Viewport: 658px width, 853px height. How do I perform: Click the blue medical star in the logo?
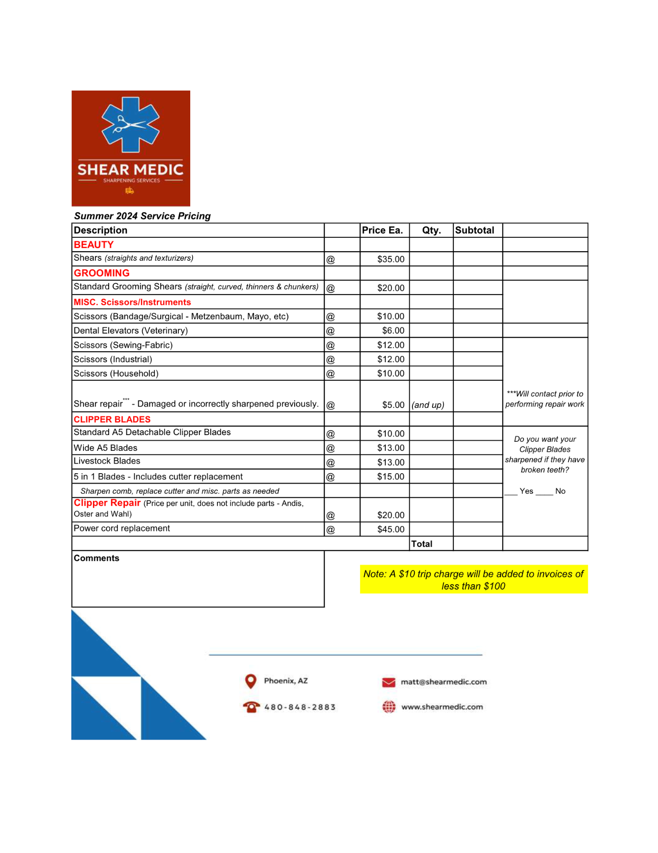pyautogui.click(x=131, y=125)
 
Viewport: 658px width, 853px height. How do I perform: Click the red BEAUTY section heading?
pyautogui.click(x=93, y=244)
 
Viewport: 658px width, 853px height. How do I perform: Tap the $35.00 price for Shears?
pyautogui.click(x=391, y=259)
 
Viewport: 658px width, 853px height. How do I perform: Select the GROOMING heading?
pyautogui.click(x=102, y=273)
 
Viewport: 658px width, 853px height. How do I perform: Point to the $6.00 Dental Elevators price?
pyautogui.click(x=393, y=331)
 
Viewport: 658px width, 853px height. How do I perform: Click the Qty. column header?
pyautogui.click(x=431, y=230)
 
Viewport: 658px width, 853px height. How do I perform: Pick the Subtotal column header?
pyautogui.click(x=474, y=230)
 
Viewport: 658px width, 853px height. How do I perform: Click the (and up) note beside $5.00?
pyautogui.click(x=428, y=405)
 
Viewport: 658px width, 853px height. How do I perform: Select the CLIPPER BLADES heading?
pyautogui.click(x=112, y=419)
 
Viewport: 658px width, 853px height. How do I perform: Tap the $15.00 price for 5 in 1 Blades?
pyautogui.click(x=391, y=477)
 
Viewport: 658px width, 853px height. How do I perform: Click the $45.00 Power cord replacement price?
pyautogui.click(x=391, y=529)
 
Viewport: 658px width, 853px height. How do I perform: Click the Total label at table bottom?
pyautogui.click(x=422, y=544)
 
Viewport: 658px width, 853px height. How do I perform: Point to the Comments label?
pyautogui.click(x=96, y=558)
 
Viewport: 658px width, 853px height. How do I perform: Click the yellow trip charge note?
pyautogui.click(x=473, y=579)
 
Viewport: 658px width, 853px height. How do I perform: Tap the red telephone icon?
pyautogui.click(x=251, y=707)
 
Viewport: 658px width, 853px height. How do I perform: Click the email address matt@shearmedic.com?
pyautogui.click(x=443, y=682)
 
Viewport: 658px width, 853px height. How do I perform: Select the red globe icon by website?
pyautogui.click(x=389, y=707)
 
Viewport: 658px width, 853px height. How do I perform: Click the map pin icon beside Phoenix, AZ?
pyautogui.click(x=250, y=681)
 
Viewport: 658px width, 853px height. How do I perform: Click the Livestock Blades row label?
pyautogui.click(x=107, y=461)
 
